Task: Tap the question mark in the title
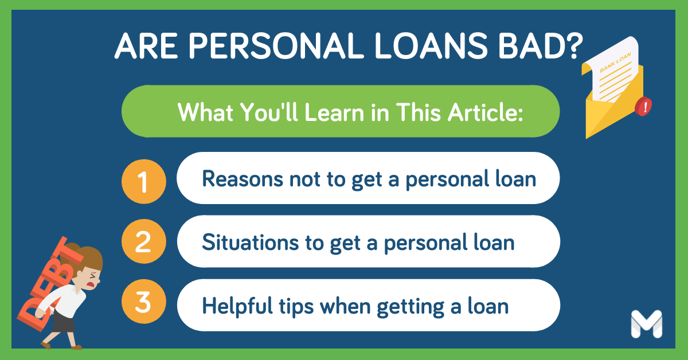[x=573, y=46]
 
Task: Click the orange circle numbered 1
[x=144, y=182]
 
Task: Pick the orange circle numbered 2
[x=144, y=241]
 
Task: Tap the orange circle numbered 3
[x=144, y=302]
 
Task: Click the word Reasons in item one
[x=243, y=179]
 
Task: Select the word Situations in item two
[x=251, y=242]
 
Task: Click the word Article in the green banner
[x=485, y=112]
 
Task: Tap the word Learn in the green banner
[x=335, y=112]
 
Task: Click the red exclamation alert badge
[x=643, y=107]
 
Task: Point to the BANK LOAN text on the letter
[x=616, y=62]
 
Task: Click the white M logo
[x=647, y=324]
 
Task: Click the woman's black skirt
[x=63, y=322]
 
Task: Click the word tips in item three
[x=296, y=306]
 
